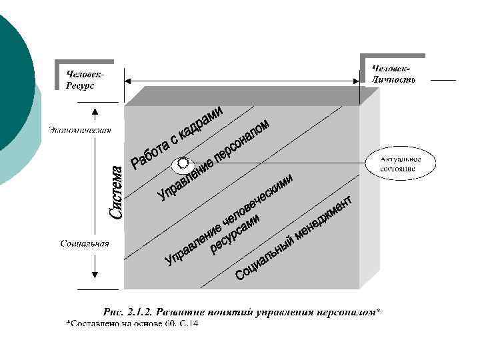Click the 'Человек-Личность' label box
tap(394, 74)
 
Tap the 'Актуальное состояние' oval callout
tap(398, 164)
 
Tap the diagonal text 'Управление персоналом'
tap(213, 160)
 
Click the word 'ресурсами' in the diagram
tap(234, 237)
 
